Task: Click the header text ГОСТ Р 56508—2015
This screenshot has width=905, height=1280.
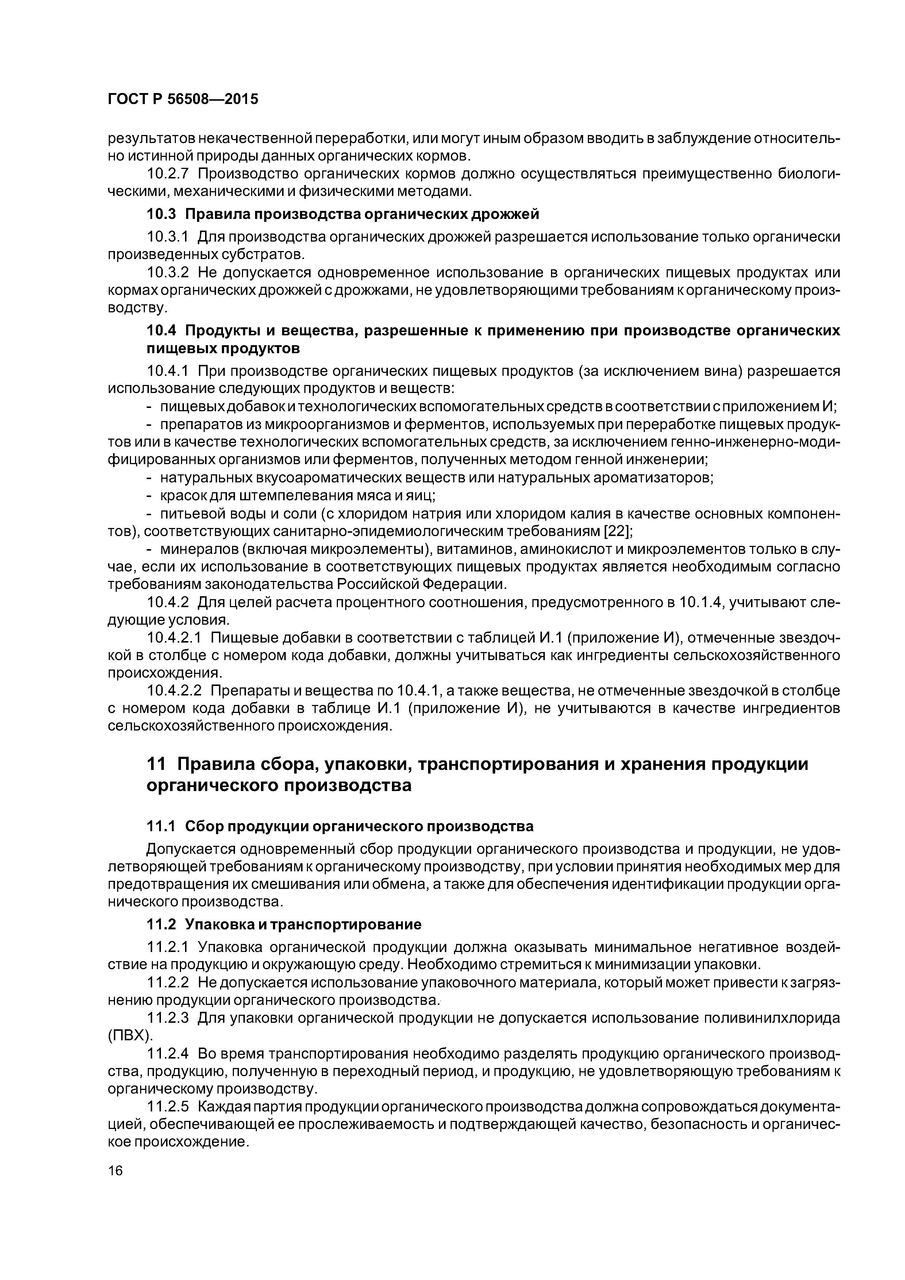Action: (183, 99)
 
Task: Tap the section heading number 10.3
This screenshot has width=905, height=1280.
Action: (161, 214)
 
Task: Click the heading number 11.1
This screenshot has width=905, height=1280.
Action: (161, 826)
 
